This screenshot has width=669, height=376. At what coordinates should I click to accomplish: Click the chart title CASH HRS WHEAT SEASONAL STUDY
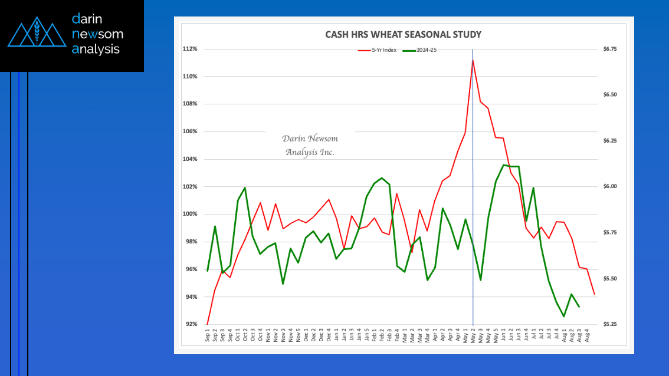(x=404, y=34)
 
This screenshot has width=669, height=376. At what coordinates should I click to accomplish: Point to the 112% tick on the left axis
(x=190, y=49)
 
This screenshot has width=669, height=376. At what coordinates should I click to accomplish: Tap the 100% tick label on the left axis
(x=190, y=215)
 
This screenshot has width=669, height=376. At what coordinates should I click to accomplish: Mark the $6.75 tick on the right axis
(x=609, y=49)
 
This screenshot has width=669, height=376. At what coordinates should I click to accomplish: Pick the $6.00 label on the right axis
(x=609, y=186)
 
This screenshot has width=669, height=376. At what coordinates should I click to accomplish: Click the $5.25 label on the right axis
(x=609, y=324)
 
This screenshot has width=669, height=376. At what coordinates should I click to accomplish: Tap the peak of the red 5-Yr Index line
(x=473, y=60)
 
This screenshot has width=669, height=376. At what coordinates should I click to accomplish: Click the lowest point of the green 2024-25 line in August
(x=564, y=316)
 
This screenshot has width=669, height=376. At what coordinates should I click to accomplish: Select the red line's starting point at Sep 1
(x=207, y=324)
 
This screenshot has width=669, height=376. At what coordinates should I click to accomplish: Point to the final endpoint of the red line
(x=594, y=295)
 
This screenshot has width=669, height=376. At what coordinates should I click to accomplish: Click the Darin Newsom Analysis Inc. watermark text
(x=310, y=145)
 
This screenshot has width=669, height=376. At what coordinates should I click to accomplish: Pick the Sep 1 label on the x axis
(x=208, y=336)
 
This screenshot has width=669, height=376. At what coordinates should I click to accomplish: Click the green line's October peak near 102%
(x=245, y=188)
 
